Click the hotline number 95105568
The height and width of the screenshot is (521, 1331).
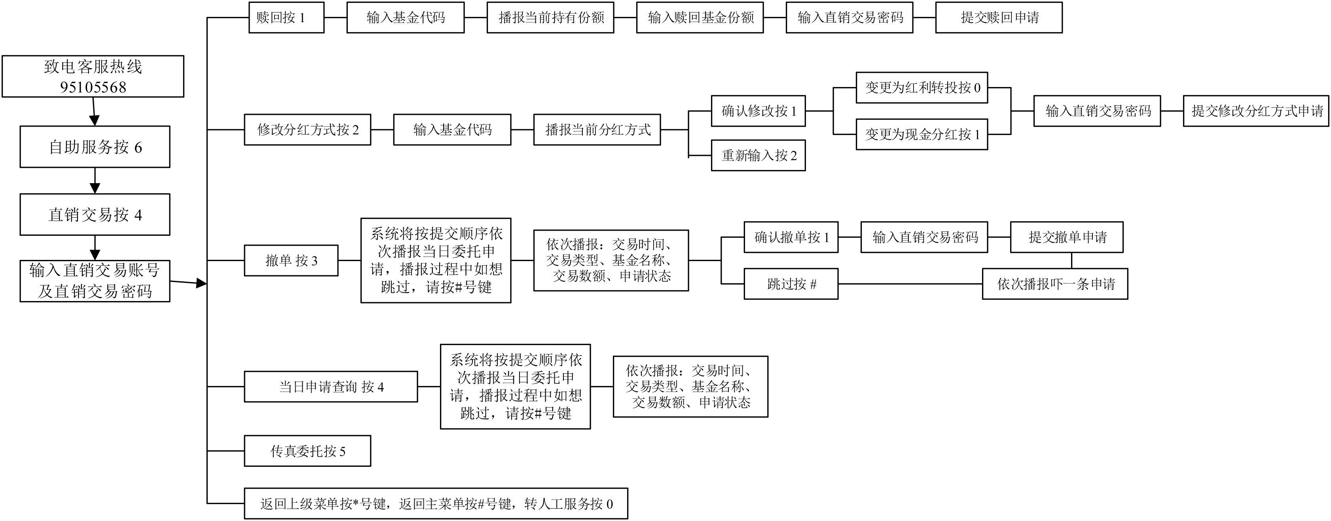click(x=93, y=87)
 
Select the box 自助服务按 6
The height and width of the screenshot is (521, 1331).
click(x=95, y=147)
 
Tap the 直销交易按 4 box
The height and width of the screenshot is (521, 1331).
click(x=95, y=214)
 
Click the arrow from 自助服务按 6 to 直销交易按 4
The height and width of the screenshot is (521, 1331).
click(x=95, y=180)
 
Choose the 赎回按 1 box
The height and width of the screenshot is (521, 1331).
click(x=286, y=17)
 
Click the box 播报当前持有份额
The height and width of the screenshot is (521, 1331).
click(x=550, y=17)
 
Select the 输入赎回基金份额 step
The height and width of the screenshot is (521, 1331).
click(x=700, y=17)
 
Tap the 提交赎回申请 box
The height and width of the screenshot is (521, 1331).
click(x=999, y=17)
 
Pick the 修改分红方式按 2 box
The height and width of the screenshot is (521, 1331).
click(x=307, y=130)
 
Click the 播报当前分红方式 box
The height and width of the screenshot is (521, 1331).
click(x=597, y=130)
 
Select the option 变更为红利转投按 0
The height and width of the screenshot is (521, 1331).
click(x=922, y=88)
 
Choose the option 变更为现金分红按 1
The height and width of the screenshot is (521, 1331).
click(x=922, y=135)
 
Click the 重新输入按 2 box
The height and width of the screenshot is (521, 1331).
click(x=758, y=155)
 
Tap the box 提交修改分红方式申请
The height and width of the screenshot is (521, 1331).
click(x=1256, y=111)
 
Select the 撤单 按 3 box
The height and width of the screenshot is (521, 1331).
click(x=291, y=260)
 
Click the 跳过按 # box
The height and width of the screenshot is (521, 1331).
click(x=791, y=284)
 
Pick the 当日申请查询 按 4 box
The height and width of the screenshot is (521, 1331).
click(x=331, y=386)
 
